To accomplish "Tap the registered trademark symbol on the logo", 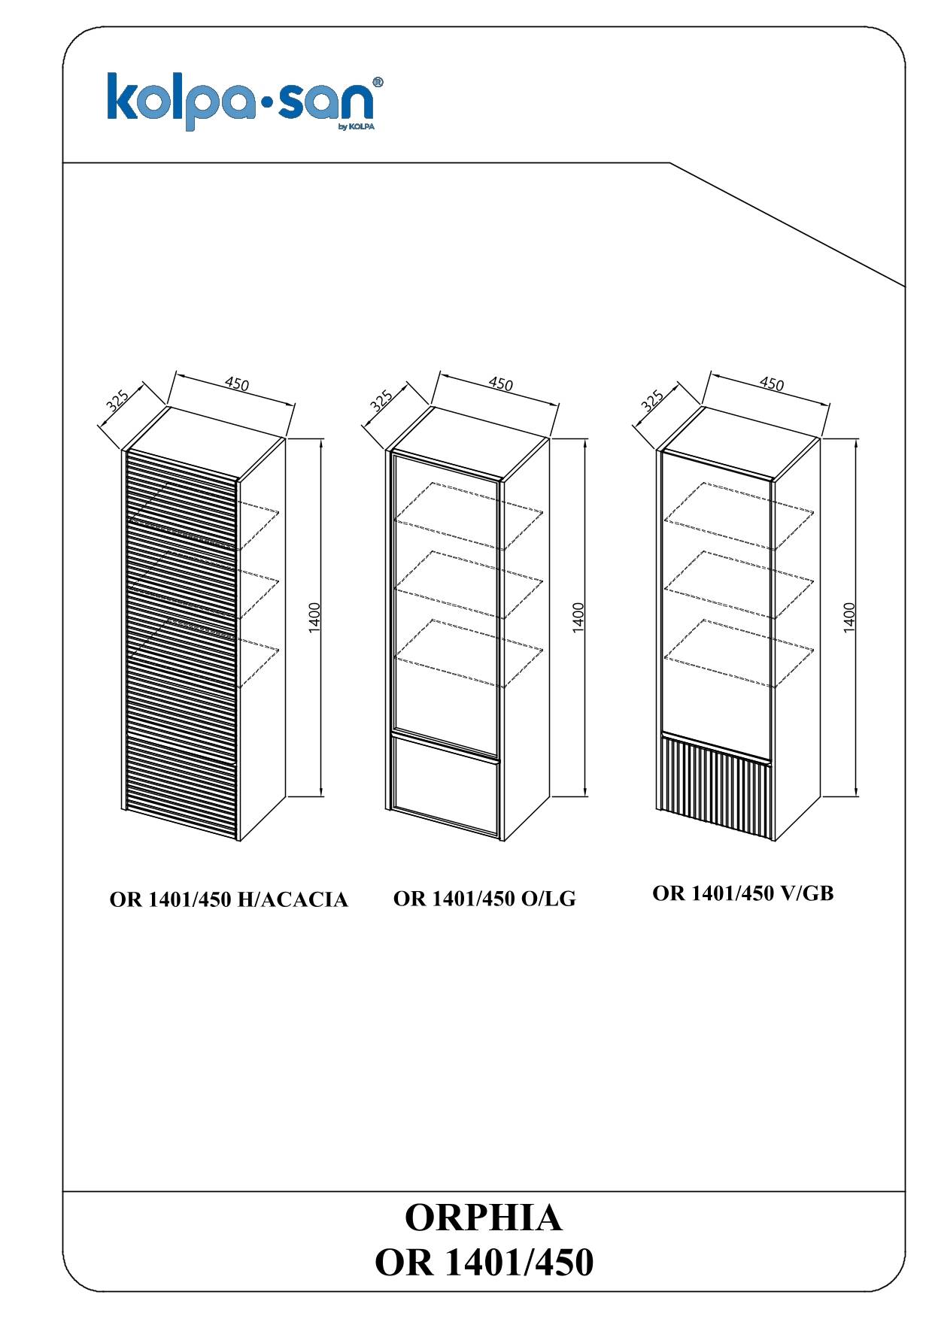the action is pyautogui.click(x=379, y=80).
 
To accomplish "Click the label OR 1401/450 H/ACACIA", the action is pyautogui.click(x=229, y=899).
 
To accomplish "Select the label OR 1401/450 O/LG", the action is pyautogui.click(x=484, y=898).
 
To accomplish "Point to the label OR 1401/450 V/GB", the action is pyautogui.click(x=743, y=893).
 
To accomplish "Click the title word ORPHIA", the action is pyautogui.click(x=484, y=1217).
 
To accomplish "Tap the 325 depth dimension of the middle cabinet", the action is pyautogui.click(x=381, y=401).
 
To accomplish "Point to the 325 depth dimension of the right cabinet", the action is pyautogui.click(x=652, y=401).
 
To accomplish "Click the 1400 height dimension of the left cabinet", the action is pyautogui.click(x=315, y=616).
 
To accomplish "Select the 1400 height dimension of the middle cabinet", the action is pyautogui.click(x=578, y=616).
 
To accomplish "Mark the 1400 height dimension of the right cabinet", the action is pyautogui.click(x=849, y=616).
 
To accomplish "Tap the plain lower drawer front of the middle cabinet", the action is pyautogui.click(x=447, y=787).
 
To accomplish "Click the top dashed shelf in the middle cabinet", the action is pyautogui.click(x=469, y=517).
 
